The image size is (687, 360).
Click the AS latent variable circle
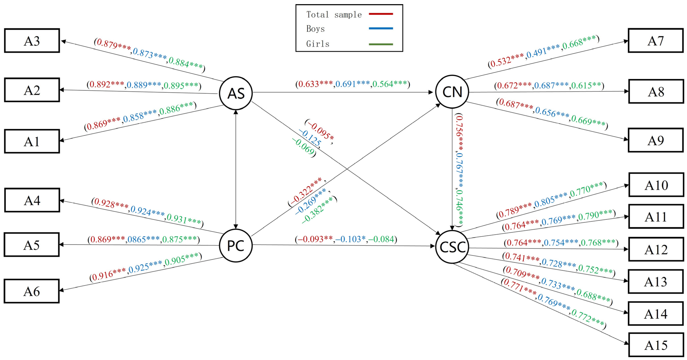click(x=236, y=93)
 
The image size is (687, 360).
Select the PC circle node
click(x=236, y=245)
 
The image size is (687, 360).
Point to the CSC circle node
click(x=452, y=247)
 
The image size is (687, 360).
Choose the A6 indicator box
click(x=32, y=291)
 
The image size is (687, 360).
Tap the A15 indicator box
click(x=656, y=345)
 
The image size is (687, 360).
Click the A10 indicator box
click(x=656, y=185)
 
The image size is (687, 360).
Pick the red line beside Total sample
click(x=381, y=14)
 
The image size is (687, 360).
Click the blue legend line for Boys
click(x=381, y=28)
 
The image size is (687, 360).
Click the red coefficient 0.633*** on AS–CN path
click(x=315, y=84)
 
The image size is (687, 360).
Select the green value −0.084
click(x=381, y=239)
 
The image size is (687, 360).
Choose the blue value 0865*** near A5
click(x=143, y=239)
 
